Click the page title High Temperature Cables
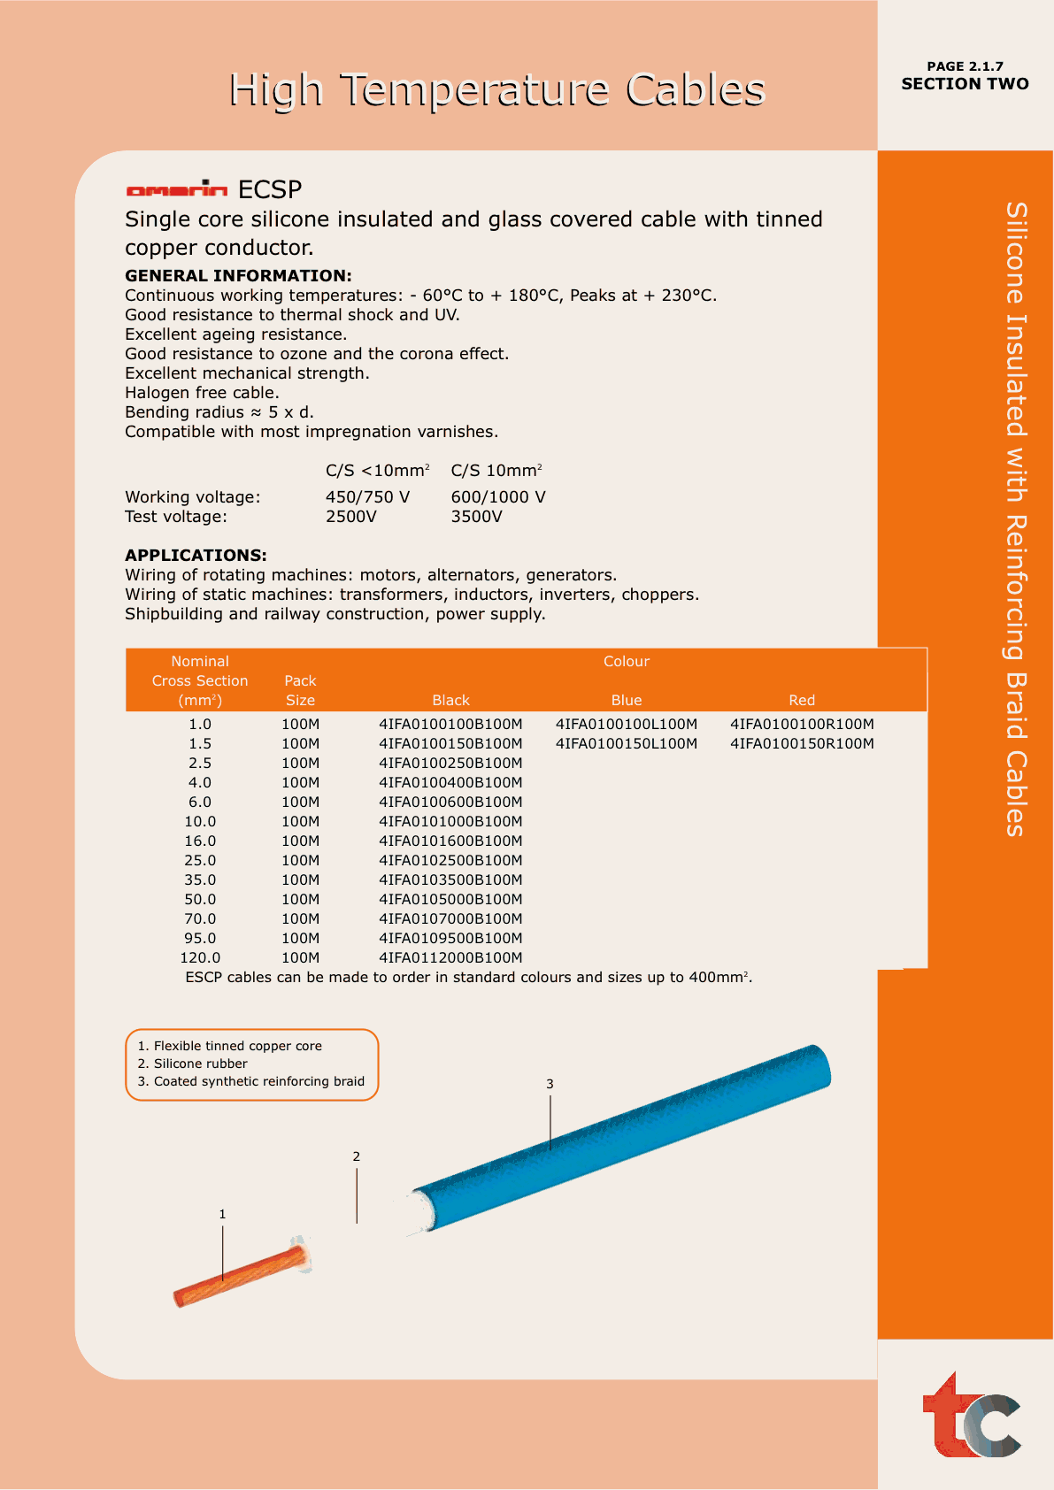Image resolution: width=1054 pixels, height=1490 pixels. pos(496,90)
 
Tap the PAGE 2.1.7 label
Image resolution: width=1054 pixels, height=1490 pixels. pos(965,66)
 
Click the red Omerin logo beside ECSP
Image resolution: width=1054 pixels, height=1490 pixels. pos(177,189)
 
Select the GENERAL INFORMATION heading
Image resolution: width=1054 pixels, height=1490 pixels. pos(238,276)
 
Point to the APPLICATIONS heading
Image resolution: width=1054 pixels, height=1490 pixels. pos(196,556)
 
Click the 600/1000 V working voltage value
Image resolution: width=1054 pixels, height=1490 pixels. pos(498,497)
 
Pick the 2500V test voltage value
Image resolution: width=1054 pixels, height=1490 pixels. pos(351,517)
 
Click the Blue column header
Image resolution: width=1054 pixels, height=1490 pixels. pos(627,700)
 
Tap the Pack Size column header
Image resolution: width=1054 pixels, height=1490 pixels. pos(300,690)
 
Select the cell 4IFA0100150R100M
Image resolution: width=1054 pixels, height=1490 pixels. pos(802,743)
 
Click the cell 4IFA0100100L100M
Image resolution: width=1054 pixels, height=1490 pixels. pos(627,724)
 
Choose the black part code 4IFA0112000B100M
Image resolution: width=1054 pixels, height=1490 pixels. pos(450,957)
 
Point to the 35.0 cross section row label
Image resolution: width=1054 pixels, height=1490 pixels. pos(200,879)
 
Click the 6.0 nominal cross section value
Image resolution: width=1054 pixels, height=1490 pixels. pos(200,802)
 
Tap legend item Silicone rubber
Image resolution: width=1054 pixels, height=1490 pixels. pos(200,1064)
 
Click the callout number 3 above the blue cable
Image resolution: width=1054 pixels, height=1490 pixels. pos(550,1084)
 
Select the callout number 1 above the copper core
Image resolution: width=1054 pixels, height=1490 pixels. pos(222,1214)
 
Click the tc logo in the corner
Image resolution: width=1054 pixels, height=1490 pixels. pos(972,1417)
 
